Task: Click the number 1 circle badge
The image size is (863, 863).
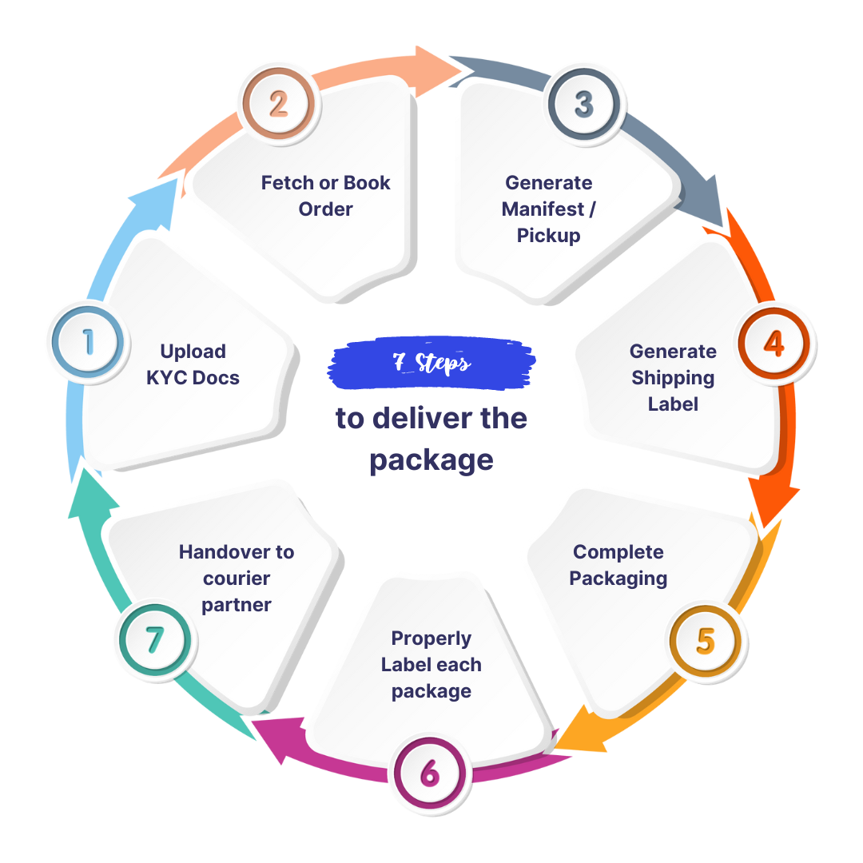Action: [x=87, y=343]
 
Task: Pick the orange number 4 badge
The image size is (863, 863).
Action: [x=774, y=343]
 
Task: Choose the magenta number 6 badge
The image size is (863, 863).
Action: [x=429, y=774]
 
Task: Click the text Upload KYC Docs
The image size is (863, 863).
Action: [x=193, y=364]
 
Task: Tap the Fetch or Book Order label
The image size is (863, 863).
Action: [x=326, y=196]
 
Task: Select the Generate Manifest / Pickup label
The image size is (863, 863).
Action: [x=548, y=209]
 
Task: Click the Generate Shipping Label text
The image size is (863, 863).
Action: [x=673, y=377]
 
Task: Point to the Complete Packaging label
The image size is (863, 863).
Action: [x=618, y=565]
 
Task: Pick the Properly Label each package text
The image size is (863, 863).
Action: [x=431, y=664]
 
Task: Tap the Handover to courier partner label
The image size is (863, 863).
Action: [x=237, y=578]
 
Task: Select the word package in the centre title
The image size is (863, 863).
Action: [x=431, y=461]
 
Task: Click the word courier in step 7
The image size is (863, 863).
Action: [x=237, y=578]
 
